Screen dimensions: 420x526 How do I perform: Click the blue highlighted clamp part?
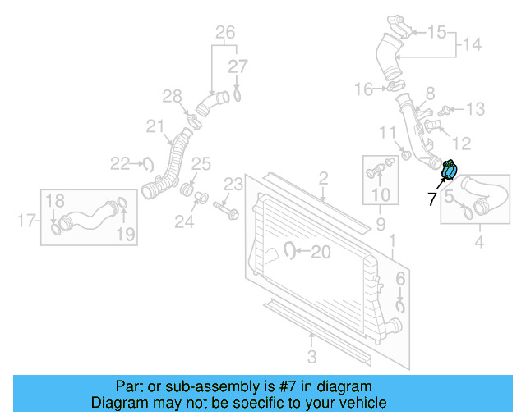pos(450,170)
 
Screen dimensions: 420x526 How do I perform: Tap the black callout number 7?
pos(432,198)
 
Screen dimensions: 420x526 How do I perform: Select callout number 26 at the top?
pos(224,33)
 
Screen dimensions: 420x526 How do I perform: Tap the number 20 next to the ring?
pos(321,252)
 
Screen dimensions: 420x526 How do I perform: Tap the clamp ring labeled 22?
pos(149,164)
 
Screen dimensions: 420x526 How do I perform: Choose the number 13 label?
pos(476,108)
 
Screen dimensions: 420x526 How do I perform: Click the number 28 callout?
pos(171,98)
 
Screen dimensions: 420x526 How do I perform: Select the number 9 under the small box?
pos(381,222)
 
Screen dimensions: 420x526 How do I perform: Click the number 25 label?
pos(202,164)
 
